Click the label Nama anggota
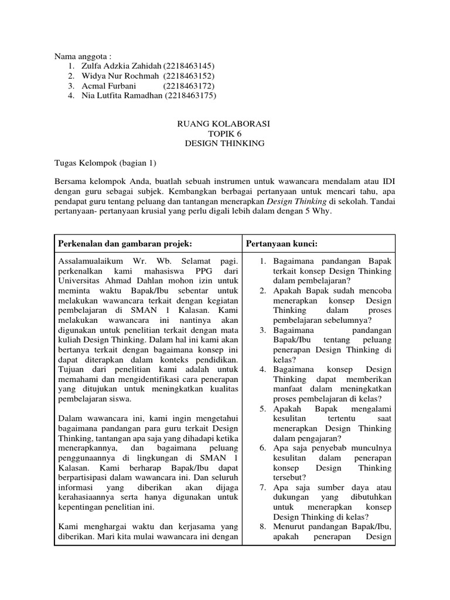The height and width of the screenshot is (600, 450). coord(83,56)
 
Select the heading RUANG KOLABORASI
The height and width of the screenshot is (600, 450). coord(224,124)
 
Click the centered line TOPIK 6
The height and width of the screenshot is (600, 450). coord(224,134)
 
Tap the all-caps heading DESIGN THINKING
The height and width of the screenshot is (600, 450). coord(224,144)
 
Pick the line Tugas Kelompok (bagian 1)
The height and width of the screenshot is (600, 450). coord(106,163)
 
